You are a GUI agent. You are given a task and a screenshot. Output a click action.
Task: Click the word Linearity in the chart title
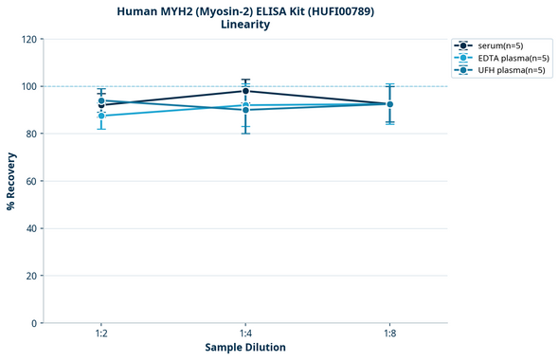[245, 25]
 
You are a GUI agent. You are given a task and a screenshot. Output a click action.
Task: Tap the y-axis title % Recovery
[11, 180]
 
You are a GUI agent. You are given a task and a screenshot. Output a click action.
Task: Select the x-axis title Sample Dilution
[245, 348]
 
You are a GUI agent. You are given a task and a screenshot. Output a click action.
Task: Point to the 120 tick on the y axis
[29, 39]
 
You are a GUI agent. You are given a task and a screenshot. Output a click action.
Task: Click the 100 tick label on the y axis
[29, 86]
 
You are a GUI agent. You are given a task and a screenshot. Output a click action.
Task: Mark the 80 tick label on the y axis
[32, 134]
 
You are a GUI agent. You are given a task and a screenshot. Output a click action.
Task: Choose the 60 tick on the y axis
[32, 181]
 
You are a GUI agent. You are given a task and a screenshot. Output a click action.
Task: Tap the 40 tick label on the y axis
[32, 228]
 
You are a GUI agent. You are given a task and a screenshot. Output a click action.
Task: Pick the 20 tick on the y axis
[32, 276]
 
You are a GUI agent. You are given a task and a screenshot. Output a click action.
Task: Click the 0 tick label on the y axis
[35, 323]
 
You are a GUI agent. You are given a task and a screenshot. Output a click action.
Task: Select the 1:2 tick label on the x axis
[101, 333]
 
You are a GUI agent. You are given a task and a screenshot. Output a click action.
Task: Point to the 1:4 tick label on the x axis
[245, 333]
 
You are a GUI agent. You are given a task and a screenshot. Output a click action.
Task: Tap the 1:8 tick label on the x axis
[389, 333]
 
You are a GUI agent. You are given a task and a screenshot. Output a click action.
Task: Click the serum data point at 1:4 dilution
[245, 91]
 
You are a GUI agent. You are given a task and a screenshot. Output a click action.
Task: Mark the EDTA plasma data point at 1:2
[101, 116]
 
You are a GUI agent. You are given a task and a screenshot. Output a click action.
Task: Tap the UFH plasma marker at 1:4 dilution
[245, 110]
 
